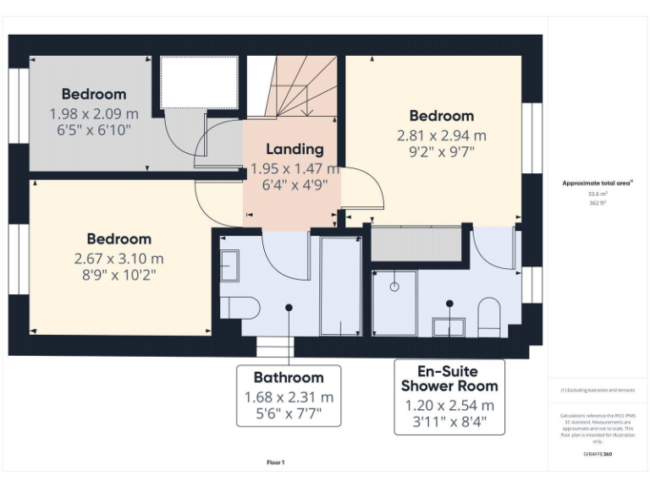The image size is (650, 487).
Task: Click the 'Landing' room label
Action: (295, 149)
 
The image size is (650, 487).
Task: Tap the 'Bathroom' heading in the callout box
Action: (289, 378)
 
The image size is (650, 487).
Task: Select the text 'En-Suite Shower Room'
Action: (449, 378)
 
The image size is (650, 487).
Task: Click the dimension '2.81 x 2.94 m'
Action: (442, 134)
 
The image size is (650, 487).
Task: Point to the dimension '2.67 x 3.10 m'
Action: (118, 258)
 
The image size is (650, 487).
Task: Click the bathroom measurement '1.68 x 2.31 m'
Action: (289, 397)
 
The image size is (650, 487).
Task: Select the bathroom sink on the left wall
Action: (229, 265)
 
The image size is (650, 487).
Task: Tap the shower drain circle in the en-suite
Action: (394, 287)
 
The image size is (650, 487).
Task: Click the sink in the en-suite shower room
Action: (449, 326)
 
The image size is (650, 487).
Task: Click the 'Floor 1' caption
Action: (276, 462)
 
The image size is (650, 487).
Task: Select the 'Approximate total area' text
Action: (597, 183)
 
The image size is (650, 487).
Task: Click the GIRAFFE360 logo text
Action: (597, 455)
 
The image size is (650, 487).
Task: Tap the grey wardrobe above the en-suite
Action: (416, 243)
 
